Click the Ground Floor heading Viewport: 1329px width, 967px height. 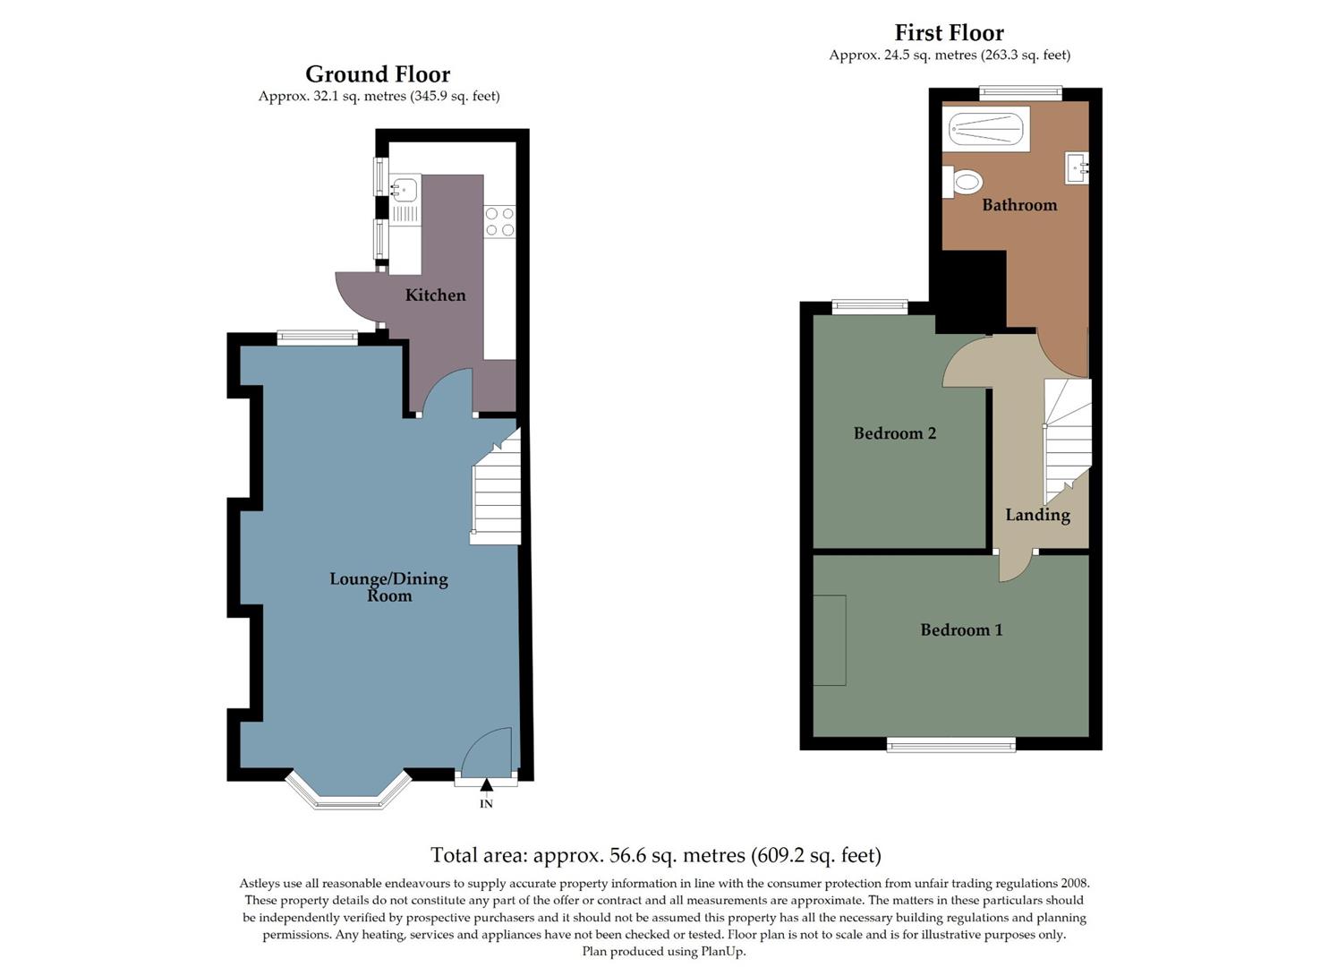click(378, 74)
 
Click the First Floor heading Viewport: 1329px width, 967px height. click(949, 33)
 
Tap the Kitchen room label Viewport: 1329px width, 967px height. click(435, 295)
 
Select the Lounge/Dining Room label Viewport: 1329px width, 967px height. click(388, 586)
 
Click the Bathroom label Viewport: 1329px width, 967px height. click(1019, 205)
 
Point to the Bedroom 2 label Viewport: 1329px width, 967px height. click(894, 433)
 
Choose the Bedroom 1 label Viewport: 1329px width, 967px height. click(961, 630)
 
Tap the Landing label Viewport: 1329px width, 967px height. click(1037, 515)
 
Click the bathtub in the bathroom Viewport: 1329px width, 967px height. click(985, 130)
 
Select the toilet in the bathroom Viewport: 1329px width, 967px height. click(962, 182)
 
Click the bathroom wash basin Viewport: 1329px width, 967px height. click(1077, 167)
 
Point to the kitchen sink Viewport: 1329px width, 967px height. click(405, 189)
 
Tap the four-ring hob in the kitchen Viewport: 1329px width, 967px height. click(499, 221)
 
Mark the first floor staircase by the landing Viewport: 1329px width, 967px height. click(1068, 439)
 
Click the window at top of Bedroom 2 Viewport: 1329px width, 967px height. click(869, 307)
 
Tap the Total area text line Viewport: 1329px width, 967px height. click(655, 855)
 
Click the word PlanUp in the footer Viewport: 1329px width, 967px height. click(722, 952)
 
